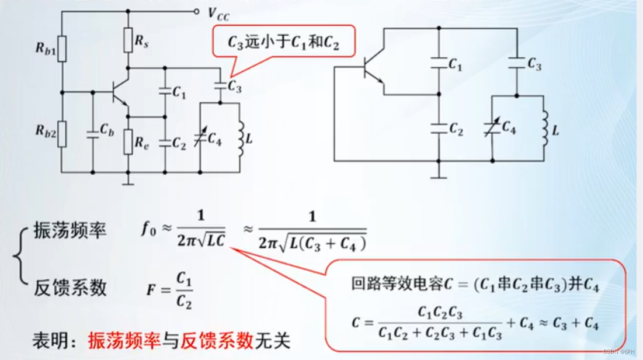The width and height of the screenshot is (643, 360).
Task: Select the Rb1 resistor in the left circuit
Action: (62, 49)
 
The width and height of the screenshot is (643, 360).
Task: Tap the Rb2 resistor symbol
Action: (62, 133)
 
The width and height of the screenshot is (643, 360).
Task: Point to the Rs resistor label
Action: (141, 41)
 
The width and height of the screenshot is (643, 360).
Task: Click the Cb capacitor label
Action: (106, 130)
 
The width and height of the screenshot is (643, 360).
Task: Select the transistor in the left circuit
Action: (120, 92)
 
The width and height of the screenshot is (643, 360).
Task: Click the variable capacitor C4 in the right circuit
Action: (492, 127)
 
